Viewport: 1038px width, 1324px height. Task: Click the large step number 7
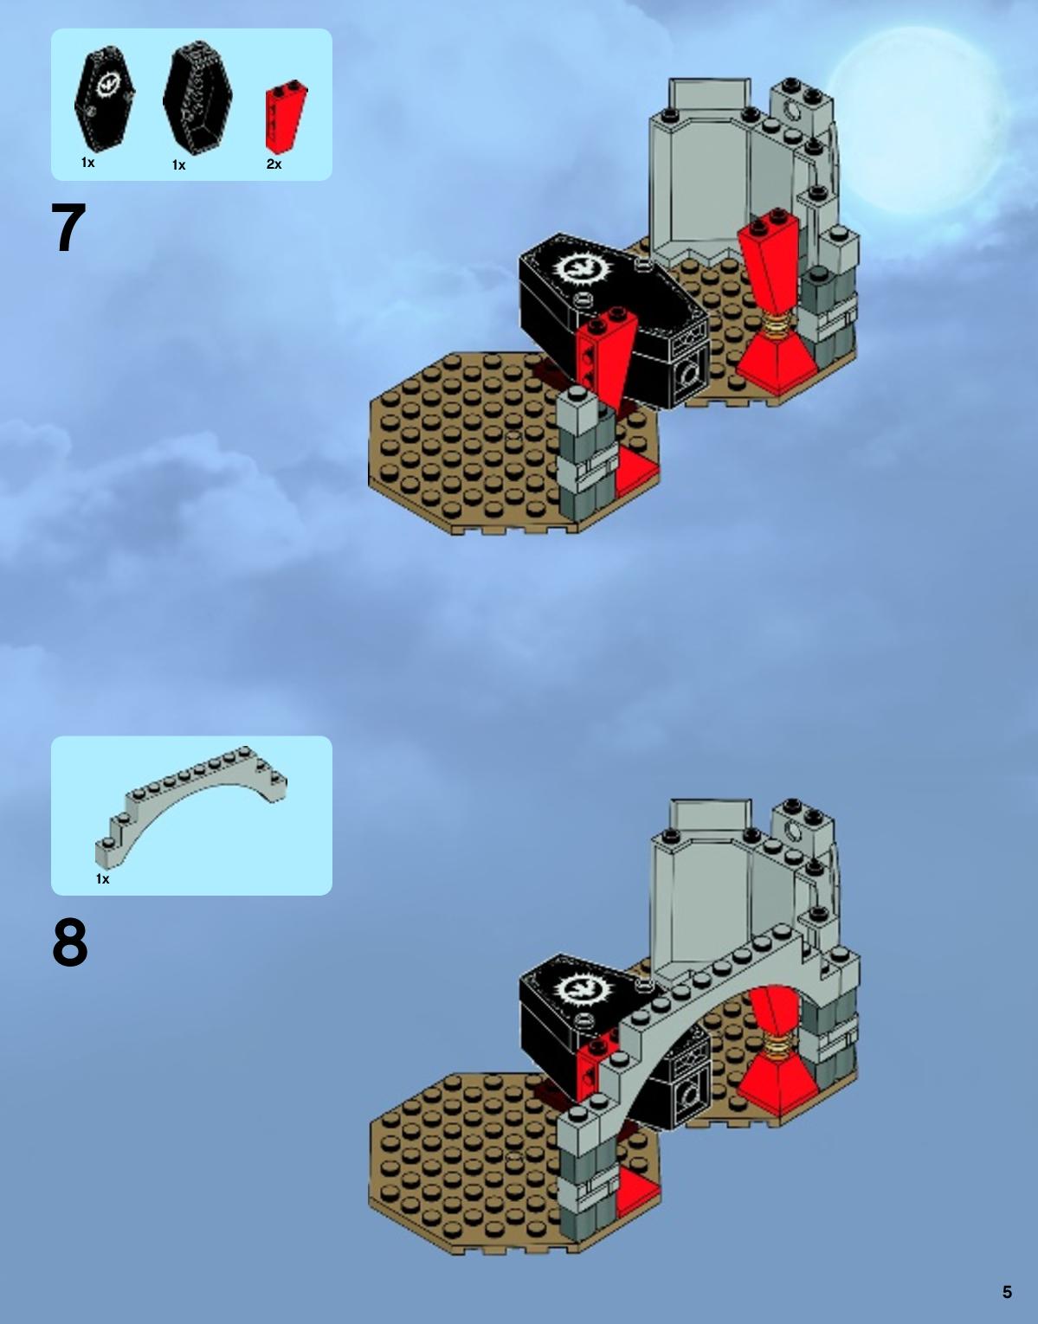[68, 228]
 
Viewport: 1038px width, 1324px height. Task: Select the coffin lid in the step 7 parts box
[105, 100]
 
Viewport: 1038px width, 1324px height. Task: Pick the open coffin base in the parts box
[197, 98]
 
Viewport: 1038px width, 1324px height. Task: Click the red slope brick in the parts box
[286, 116]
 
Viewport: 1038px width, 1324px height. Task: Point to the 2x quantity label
[274, 164]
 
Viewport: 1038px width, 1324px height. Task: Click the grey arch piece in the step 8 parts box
[190, 806]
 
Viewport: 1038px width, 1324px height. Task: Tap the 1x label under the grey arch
[102, 878]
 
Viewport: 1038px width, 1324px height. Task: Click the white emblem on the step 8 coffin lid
[577, 988]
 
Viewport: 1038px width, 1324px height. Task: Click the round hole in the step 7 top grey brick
[793, 111]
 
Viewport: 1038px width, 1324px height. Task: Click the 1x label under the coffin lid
[87, 162]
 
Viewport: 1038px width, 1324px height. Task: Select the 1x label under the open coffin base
[178, 165]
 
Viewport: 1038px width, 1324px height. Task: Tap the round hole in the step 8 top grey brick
[793, 831]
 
